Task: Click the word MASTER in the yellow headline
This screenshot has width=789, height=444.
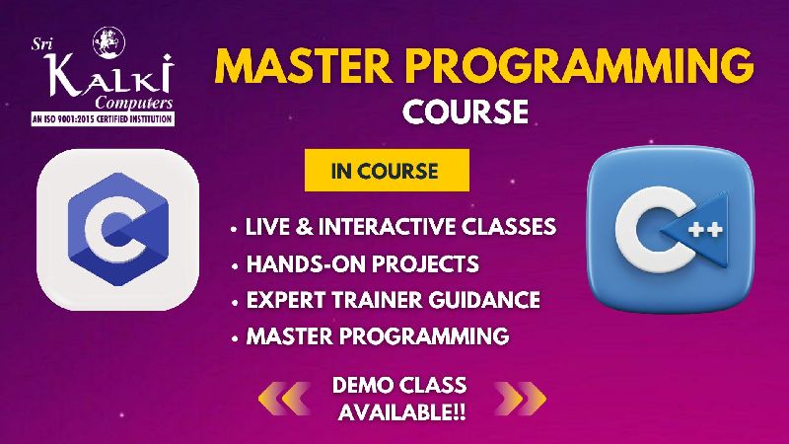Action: (305, 65)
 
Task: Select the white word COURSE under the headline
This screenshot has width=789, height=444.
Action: (466, 111)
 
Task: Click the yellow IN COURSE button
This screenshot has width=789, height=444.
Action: (387, 170)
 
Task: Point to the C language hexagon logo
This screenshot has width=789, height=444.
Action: (117, 230)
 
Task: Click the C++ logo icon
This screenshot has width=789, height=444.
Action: (672, 230)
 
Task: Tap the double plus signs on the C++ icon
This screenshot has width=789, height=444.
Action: (705, 230)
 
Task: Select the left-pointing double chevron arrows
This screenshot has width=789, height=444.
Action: (284, 399)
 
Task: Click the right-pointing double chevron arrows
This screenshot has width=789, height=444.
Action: (521, 399)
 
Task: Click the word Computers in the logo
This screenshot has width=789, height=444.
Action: (134, 104)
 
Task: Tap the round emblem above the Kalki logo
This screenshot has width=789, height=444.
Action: (108, 42)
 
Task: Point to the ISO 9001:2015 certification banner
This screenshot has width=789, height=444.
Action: (103, 118)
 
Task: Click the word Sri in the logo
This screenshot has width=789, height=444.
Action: (40, 44)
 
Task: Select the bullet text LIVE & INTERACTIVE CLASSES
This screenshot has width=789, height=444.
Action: (400, 227)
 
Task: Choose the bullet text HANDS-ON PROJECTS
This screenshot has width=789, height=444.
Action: (362, 263)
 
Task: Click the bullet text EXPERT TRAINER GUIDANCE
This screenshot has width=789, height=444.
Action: (393, 300)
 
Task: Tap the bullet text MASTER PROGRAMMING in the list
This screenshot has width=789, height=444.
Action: (378, 336)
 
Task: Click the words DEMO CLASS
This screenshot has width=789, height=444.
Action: (399, 385)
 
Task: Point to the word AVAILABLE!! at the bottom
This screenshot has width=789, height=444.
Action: (401, 412)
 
